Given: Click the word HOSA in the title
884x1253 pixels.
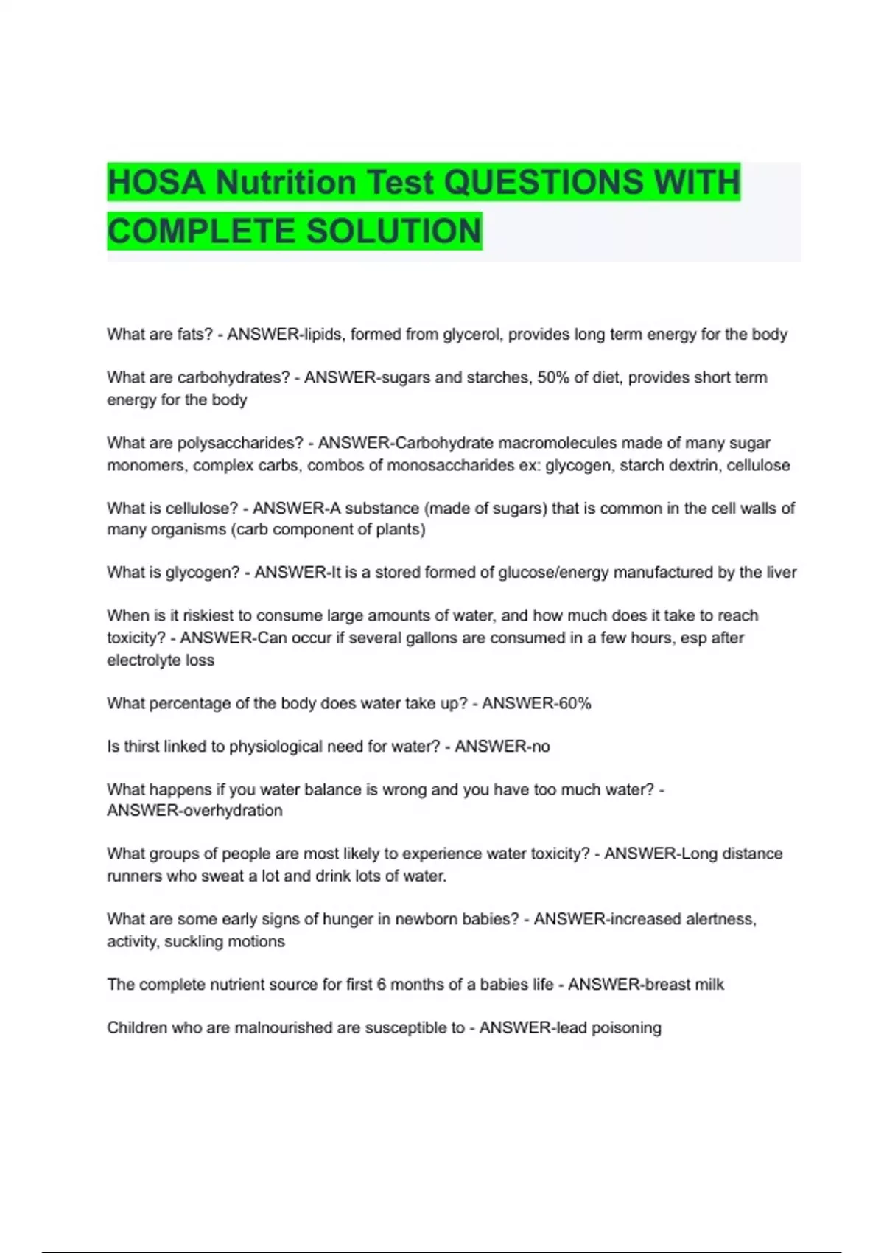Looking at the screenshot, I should [156, 182].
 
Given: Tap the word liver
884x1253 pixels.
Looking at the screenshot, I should [779, 572].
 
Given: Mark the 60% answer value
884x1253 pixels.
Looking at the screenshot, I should [575, 703].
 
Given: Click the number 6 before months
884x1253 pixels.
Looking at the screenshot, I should [381, 985].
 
